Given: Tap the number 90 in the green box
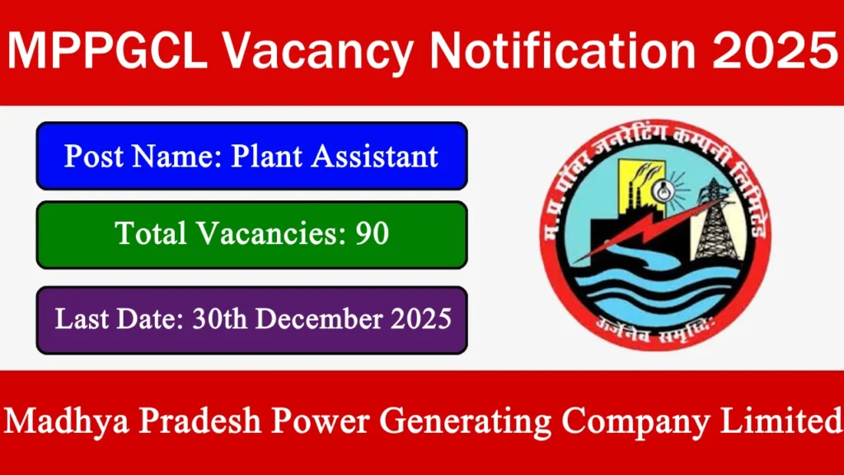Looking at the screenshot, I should [373, 234].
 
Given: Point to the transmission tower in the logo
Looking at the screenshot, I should [715, 220].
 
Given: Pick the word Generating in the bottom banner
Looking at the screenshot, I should [458, 422].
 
